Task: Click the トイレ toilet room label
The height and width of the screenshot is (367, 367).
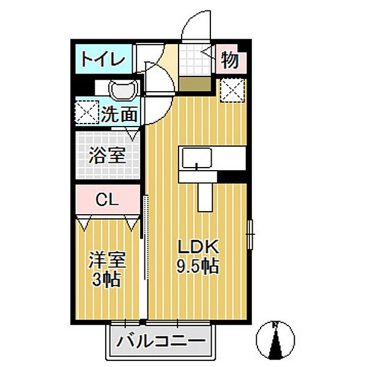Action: pyautogui.click(x=103, y=60)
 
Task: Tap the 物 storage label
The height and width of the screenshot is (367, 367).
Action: pyautogui.click(x=230, y=60)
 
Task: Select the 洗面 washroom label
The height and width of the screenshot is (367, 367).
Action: pyautogui.click(x=119, y=114)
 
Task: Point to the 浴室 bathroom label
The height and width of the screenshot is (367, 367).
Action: pyautogui.click(x=108, y=155)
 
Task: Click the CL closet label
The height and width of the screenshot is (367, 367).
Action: pyautogui.click(x=107, y=199)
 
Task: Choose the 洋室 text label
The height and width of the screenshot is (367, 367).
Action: pyautogui.click(x=108, y=260)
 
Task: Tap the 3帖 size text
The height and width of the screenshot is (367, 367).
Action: pyautogui.click(x=106, y=280)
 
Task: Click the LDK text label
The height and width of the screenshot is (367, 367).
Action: pyautogui.click(x=198, y=247)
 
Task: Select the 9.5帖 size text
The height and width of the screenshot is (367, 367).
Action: pyautogui.click(x=198, y=266)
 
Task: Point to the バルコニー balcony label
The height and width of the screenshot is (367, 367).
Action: pyautogui.click(x=161, y=341)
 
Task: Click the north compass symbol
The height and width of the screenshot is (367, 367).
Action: pyautogui.click(x=275, y=340)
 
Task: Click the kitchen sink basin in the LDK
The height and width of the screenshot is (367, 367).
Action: pyautogui.click(x=197, y=158)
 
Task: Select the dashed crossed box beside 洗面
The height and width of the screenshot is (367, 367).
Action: pyautogui.click(x=87, y=112)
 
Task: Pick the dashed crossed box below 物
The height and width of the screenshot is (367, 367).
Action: pyautogui.click(x=232, y=91)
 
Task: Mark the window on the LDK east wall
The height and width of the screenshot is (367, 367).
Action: pyautogui.click(x=250, y=234)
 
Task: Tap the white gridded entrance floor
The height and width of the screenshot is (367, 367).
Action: pyautogui.click(x=195, y=60)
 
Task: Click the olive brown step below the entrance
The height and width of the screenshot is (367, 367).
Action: pyautogui.click(x=195, y=84)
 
